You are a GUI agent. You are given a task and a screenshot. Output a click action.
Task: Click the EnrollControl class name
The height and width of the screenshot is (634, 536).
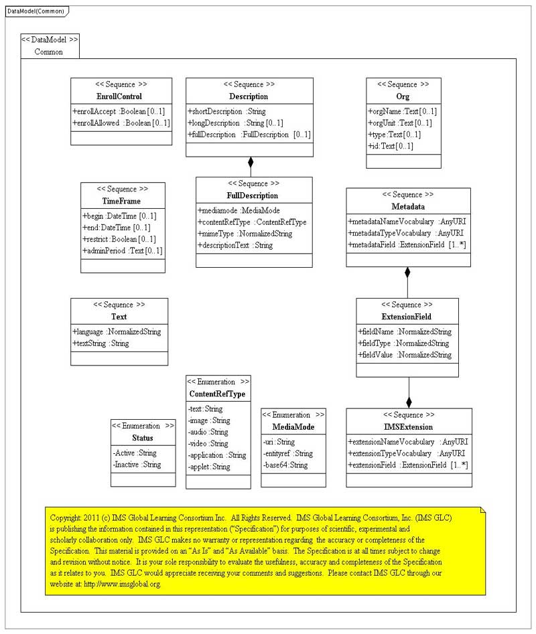pyautogui.click(x=121, y=96)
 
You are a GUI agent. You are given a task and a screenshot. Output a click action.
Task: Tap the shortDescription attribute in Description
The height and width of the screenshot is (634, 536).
pyautogui.click(x=226, y=111)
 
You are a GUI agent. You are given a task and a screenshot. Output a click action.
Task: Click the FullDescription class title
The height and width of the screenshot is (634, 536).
pyautogui.click(x=253, y=195)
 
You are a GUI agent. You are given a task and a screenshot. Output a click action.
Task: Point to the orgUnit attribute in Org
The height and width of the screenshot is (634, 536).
pyautogui.click(x=401, y=123)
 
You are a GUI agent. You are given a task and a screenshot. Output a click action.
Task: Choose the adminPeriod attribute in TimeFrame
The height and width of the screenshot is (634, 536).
pyautogui.click(x=123, y=250)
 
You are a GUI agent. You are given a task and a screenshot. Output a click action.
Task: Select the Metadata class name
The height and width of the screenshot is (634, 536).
pyautogui.click(x=408, y=206)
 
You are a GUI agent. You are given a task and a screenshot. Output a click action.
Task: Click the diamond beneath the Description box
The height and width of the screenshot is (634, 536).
pyautogui.click(x=251, y=162)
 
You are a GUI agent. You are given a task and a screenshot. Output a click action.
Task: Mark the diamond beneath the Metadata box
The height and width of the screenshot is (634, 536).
pyautogui.click(x=407, y=272)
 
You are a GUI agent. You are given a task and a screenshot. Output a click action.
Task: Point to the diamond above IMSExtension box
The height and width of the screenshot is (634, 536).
pyautogui.click(x=409, y=402)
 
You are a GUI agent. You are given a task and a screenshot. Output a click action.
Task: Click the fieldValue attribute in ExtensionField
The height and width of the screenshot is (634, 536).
pyautogui.click(x=405, y=355)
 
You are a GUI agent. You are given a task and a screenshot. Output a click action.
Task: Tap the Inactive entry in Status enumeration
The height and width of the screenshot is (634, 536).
pyautogui.click(x=137, y=465)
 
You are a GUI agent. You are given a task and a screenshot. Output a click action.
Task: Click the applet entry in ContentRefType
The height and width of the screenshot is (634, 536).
pyautogui.click(x=209, y=467)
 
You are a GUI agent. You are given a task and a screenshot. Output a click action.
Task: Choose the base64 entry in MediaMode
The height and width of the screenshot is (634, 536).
pyautogui.click(x=285, y=465)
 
